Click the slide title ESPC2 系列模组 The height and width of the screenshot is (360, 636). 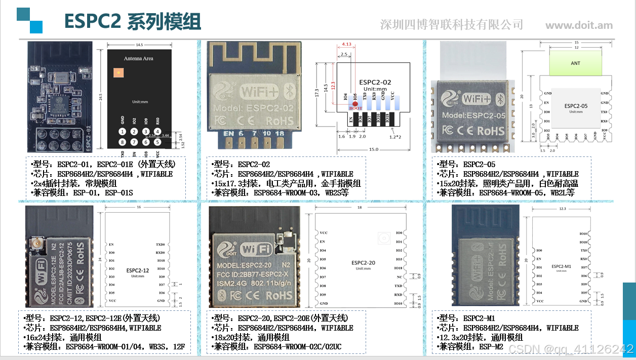tap(133, 22)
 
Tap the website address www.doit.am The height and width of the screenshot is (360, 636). tap(578, 25)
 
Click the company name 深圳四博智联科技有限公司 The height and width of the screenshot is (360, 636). tap(451, 24)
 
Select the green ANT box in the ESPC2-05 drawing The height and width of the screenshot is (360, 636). tap(575, 63)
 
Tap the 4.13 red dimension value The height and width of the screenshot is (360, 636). tap(347, 45)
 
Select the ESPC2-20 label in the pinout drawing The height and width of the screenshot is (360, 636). tap(363, 263)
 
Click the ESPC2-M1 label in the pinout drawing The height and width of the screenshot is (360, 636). tap(561, 266)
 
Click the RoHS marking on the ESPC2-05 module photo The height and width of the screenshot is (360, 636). tap(491, 131)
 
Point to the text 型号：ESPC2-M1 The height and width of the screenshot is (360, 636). tap(465, 318)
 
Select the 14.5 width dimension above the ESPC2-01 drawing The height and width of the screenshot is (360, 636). tap(140, 45)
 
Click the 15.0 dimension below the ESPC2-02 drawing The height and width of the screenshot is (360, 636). tap(374, 149)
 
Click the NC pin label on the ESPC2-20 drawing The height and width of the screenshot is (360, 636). tap(400, 277)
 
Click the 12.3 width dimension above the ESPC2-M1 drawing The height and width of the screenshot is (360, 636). tap(563, 209)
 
